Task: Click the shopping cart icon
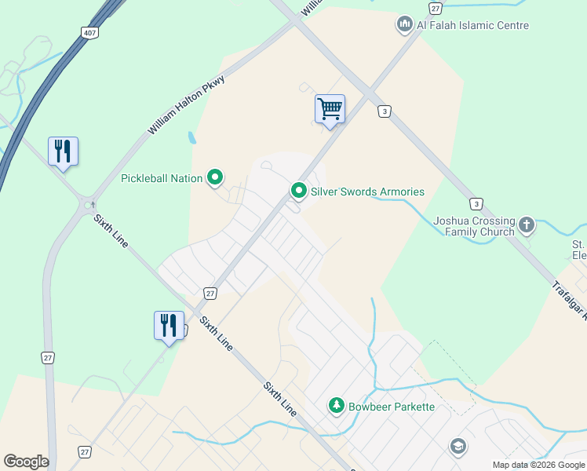click(330, 109)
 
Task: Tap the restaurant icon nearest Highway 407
click(63, 151)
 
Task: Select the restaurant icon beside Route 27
click(169, 324)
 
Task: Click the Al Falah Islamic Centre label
click(472, 25)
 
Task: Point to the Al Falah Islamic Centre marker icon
click(405, 25)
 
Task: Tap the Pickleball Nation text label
click(162, 178)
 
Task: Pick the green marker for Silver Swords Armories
click(298, 191)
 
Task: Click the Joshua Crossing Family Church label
click(474, 226)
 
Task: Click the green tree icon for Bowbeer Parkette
click(336, 406)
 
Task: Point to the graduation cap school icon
click(458, 447)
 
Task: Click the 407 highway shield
click(89, 33)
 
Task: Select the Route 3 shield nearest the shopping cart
click(383, 111)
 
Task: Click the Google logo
click(26, 462)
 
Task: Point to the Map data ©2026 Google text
click(538, 465)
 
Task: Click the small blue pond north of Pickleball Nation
click(192, 138)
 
